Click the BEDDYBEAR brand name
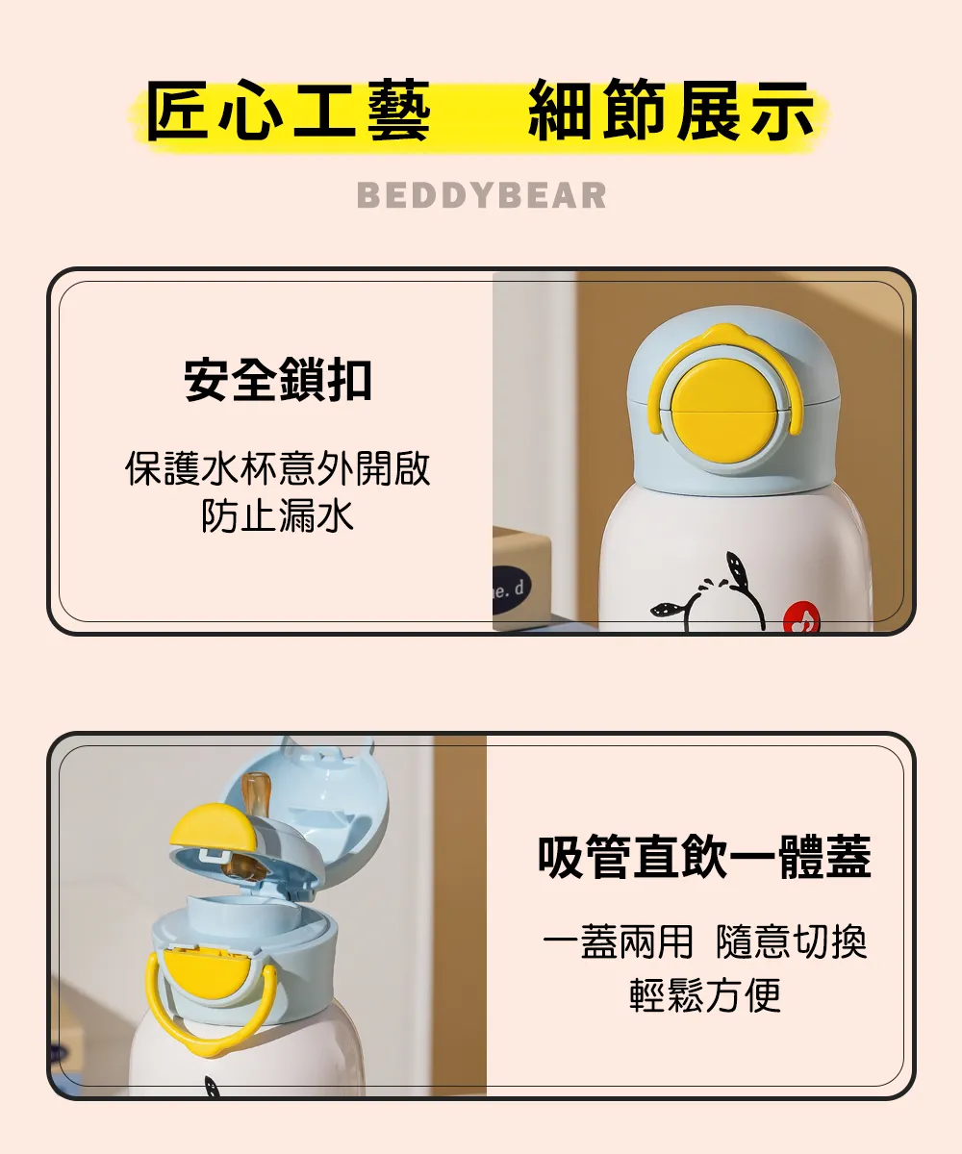pyautogui.click(x=482, y=195)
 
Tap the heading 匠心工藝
pyautogui.click(x=288, y=110)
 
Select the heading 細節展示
pyautogui.click(x=671, y=110)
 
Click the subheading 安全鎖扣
pyautogui.click(x=278, y=379)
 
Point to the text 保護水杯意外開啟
pyautogui.click(x=278, y=468)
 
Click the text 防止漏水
pyautogui.click(x=278, y=515)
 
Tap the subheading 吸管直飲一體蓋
pyautogui.click(x=704, y=857)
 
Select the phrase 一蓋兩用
pyautogui.click(x=618, y=941)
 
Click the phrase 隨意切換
pyautogui.click(x=791, y=941)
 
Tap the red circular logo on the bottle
pyautogui.click(x=801, y=617)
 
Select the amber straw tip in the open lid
pyautogui.click(x=254, y=793)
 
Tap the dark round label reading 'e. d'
pyautogui.click(x=511, y=590)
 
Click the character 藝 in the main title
pyautogui.click(x=398, y=110)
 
